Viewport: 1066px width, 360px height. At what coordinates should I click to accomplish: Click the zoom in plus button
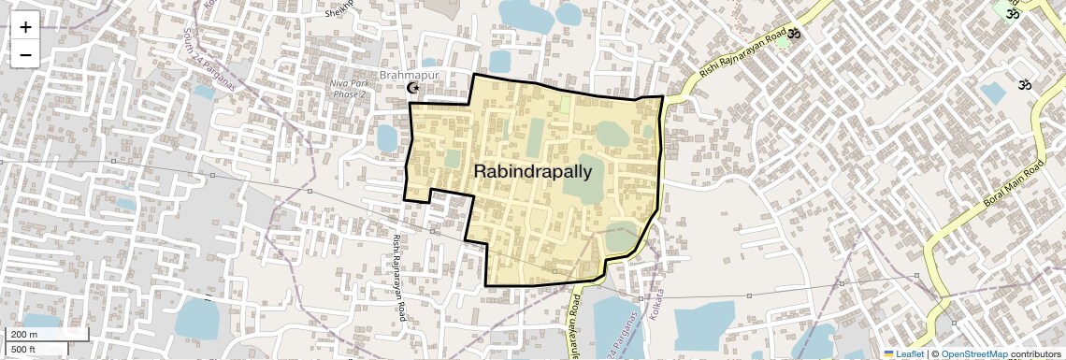tap(25, 26)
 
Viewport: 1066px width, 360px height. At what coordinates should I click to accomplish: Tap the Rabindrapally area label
tap(533, 171)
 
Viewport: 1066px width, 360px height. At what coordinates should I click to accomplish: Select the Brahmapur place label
tap(408, 74)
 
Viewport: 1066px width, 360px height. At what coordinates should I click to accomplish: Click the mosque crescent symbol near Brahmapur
tap(412, 88)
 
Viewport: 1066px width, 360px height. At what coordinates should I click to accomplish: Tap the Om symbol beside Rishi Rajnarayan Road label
tap(794, 35)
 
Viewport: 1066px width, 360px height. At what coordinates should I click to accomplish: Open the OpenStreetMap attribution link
tap(973, 353)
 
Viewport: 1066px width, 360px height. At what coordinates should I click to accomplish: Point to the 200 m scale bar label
tap(24, 335)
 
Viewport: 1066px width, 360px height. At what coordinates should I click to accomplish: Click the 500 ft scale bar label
tap(24, 350)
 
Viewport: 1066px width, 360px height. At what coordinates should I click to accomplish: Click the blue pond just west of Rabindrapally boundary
tap(386, 138)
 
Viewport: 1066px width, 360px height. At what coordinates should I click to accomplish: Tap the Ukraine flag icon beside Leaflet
tap(889, 353)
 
